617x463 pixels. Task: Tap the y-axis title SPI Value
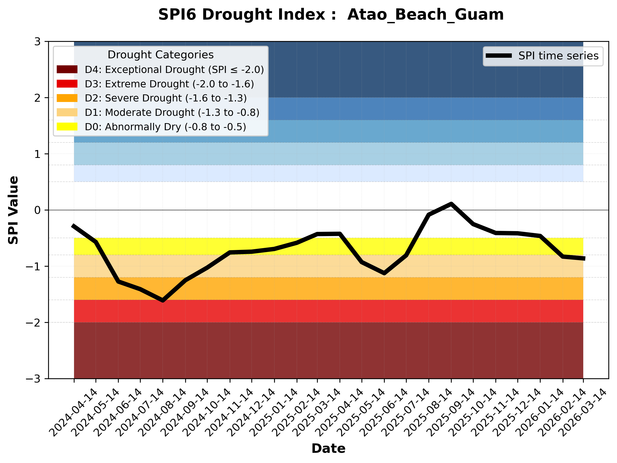click(x=13, y=210)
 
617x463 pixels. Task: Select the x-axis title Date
click(x=328, y=449)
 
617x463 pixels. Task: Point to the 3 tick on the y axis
click(x=37, y=42)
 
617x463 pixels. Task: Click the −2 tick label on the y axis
click(x=33, y=323)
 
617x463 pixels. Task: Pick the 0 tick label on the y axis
click(x=37, y=210)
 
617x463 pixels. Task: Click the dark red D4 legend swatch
click(x=67, y=69)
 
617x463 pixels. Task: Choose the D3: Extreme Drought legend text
click(x=169, y=84)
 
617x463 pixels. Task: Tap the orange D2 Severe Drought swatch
click(x=67, y=98)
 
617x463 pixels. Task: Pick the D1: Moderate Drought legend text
click(x=172, y=112)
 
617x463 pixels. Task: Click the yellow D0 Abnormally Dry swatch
click(x=67, y=127)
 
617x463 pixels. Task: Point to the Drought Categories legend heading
click(x=160, y=55)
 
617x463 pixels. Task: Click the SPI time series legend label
click(x=558, y=56)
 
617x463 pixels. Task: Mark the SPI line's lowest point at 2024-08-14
click(x=163, y=300)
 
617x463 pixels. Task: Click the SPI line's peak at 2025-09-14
click(x=451, y=204)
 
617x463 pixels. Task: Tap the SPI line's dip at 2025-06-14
click(x=384, y=273)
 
